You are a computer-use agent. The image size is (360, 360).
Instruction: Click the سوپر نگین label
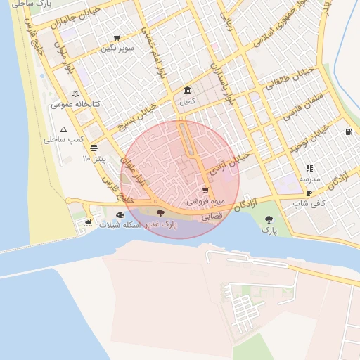click(117, 48)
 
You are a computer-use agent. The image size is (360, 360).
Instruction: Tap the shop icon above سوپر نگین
click(117, 38)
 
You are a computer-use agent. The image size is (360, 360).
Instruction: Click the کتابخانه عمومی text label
click(76, 104)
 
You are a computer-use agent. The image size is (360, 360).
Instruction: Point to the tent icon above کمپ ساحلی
click(64, 129)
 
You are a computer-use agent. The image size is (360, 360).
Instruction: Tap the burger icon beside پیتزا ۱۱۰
click(94, 148)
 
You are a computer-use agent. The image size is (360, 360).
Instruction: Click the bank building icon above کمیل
click(187, 91)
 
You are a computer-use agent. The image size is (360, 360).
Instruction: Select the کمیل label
click(187, 101)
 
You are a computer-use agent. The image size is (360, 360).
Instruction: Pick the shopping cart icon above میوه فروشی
click(205, 191)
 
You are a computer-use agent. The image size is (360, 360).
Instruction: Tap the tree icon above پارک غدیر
click(161, 213)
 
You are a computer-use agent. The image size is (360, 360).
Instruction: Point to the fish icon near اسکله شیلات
click(120, 212)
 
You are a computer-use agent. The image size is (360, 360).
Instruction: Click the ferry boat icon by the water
click(87, 222)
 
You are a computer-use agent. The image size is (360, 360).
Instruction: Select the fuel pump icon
click(349, 132)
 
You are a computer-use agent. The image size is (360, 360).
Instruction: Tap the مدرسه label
click(310, 179)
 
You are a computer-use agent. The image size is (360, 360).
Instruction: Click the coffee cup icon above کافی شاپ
click(309, 193)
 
